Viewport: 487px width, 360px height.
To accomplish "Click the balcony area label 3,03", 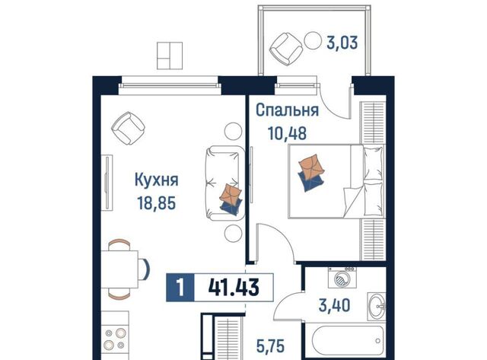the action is point(342,43).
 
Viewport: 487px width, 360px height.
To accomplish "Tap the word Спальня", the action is point(288,110).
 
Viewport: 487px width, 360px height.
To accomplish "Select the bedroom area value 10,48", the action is point(288,133).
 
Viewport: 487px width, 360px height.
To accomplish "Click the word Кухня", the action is point(157,180).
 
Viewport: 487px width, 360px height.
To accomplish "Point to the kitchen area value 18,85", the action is point(157,203).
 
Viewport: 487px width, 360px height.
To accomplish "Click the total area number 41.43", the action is point(234,288).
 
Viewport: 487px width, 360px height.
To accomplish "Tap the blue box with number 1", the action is point(180,288).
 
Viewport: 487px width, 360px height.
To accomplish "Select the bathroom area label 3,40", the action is point(335,305).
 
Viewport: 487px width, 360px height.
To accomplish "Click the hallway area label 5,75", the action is point(270,346).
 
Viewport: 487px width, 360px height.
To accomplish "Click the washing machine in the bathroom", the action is point(342,277).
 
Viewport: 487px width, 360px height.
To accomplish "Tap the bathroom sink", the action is point(377,306).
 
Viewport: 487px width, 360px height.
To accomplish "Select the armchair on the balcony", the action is point(286,49).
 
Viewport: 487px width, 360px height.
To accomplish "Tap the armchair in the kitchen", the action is point(129,128).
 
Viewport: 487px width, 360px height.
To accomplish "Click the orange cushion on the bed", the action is point(311,167).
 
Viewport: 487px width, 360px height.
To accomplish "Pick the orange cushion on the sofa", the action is point(230,193).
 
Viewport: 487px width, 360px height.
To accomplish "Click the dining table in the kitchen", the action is point(120,269).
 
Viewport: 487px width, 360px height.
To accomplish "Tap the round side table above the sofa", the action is point(234,131).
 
